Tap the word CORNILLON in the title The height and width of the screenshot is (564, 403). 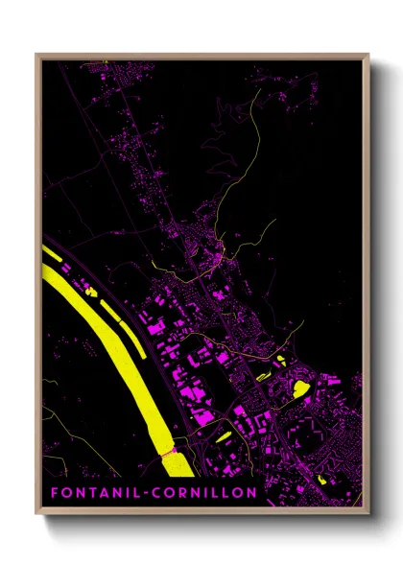pos(204,493)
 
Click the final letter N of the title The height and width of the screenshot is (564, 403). pos(251,493)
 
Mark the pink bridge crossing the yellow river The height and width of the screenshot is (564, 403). pos(171,449)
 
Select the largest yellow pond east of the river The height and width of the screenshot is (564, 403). pos(299,388)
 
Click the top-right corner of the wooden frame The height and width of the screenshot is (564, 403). pos(367,55)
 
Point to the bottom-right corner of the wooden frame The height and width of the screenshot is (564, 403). pos(367,514)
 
